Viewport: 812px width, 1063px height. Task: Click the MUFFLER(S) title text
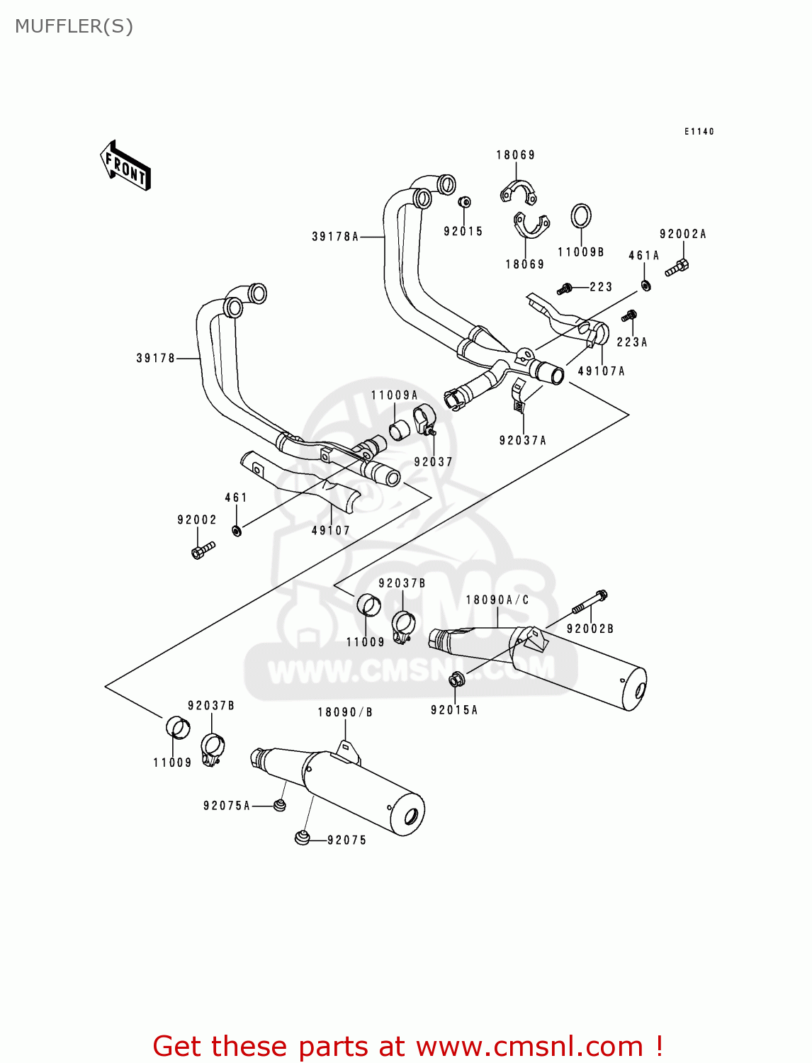(x=74, y=26)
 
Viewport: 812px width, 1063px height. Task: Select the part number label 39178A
(x=335, y=237)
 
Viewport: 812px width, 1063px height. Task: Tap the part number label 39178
(x=155, y=359)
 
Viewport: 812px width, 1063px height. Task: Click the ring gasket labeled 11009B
(x=581, y=216)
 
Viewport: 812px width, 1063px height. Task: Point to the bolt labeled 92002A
(x=678, y=267)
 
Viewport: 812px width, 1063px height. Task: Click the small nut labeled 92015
(x=464, y=203)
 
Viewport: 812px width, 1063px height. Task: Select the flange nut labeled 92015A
(x=456, y=680)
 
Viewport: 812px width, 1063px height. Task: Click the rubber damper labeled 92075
(x=303, y=838)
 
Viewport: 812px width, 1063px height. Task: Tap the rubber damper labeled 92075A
(x=280, y=805)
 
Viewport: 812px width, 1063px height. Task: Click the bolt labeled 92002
(x=203, y=550)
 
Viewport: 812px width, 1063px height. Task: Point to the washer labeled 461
(x=237, y=530)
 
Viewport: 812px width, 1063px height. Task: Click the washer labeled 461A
(x=645, y=286)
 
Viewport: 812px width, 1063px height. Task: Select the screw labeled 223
(x=565, y=288)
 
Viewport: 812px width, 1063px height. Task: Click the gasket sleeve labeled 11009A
(x=400, y=429)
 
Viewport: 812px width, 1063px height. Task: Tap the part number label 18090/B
(x=344, y=712)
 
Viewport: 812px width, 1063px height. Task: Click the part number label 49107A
(x=601, y=371)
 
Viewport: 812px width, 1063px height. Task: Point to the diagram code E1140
(x=699, y=131)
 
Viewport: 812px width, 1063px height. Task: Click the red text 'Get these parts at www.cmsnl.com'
(x=407, y=1046)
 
